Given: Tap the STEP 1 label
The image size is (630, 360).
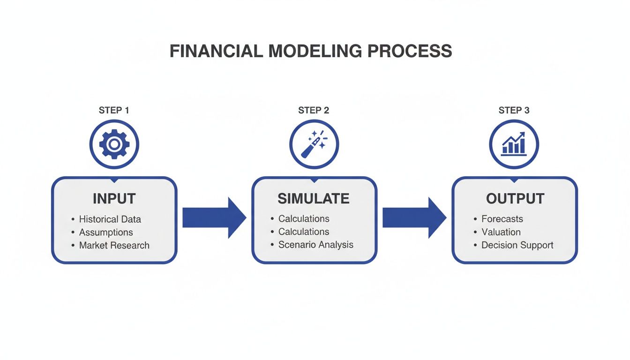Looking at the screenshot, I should tap(114, 111).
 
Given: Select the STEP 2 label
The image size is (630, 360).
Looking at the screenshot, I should tap(314, 111).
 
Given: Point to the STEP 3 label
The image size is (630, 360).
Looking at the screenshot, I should tap(514, 111).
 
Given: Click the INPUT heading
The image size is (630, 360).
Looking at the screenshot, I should tap(114, 198).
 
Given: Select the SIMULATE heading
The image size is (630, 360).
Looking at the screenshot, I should tap(314, 198).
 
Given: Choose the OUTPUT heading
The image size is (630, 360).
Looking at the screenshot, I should tap(515, 198).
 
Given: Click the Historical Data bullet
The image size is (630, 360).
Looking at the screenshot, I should tap(110, 219).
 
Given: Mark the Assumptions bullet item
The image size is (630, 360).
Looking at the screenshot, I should tap(106, 232).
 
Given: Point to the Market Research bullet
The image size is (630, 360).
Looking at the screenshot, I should tap(114, 245).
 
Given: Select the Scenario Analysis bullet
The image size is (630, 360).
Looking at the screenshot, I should tap(315, 245).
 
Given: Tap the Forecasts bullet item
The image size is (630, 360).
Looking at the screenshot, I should tap(502, 219).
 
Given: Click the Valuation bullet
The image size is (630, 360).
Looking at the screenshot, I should tap(501, 232).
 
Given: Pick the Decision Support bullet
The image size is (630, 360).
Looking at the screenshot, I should tap(517, 245).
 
